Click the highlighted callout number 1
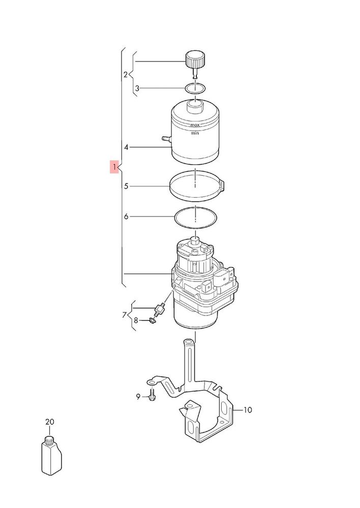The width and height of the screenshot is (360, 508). (x=114, y=167)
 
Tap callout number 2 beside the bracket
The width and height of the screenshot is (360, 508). (x=126, y=75)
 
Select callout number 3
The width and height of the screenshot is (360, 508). (x=137, y=88)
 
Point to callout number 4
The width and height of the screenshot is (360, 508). (x=126, y=147)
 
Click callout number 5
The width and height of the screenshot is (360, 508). (x=126, y=186)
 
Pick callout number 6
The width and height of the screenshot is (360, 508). (x=126, y=216)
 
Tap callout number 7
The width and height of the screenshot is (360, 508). (x=125, y=314)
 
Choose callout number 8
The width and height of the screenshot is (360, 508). (x=136, y=321)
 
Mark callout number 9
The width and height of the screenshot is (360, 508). (x=138, y=397)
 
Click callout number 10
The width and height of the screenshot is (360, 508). (x=248, y=410)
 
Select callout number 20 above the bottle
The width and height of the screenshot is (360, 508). (x=50, y=422)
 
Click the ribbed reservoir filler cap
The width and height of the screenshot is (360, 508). (x=195, y=59)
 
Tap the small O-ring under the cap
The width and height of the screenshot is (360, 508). (x=195, y=88)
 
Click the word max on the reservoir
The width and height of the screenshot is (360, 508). (x=195, y=125)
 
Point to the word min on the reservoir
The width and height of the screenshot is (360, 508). (x=195, y=133)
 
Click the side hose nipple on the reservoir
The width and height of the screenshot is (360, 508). (x=167, y=139)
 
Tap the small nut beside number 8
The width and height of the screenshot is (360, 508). (x=152, y=321)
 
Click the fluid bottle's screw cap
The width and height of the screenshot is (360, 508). (x=49, y=441)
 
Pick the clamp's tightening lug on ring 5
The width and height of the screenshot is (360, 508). (x=223, y=186)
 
